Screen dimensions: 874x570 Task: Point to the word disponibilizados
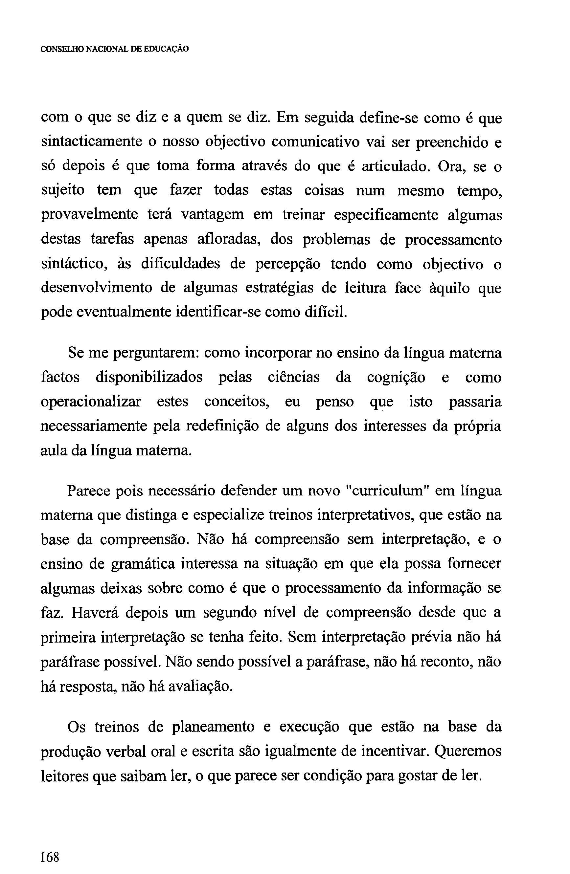click(149, 378)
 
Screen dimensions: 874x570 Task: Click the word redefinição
click(230, 427)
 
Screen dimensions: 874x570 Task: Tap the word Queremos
click(467, 751)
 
